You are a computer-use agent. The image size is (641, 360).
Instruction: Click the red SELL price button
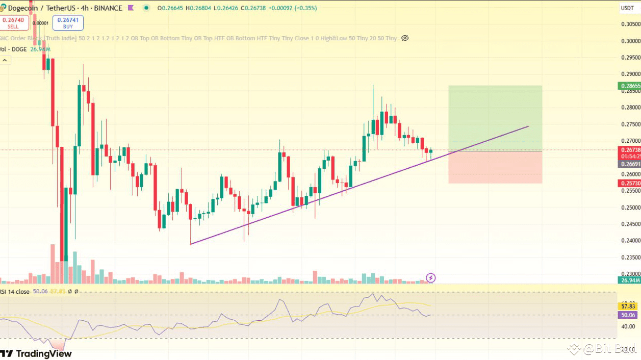[13, 22]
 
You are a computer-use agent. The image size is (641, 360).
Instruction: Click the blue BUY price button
[68, 22]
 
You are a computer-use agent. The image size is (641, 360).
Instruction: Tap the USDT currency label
[627, 8]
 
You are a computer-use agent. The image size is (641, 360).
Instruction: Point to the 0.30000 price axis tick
[630, 41]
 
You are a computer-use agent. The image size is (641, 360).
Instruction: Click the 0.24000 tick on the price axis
[630, 241]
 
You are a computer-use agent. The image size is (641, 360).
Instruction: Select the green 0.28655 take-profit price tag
[630, 86]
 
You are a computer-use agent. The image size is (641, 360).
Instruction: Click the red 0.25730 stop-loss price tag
[630, 183]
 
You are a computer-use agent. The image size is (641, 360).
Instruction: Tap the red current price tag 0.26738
[630, 150]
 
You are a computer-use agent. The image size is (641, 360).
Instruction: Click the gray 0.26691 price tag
[630, 164]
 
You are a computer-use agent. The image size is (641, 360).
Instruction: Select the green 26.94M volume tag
[630, 280]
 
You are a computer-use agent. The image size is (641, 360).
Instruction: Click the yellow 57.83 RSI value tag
[628, 306]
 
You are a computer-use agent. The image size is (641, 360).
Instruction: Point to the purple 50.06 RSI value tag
[628, 315]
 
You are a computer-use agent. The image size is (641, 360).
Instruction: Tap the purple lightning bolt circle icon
[431, 278]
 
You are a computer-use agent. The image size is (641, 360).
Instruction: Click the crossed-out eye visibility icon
[405, 38]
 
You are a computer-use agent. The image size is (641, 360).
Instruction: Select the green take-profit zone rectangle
[495, 118]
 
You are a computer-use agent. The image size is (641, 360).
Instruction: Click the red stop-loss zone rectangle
[495, 167]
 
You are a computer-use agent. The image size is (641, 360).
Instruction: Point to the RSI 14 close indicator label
[15, 291]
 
